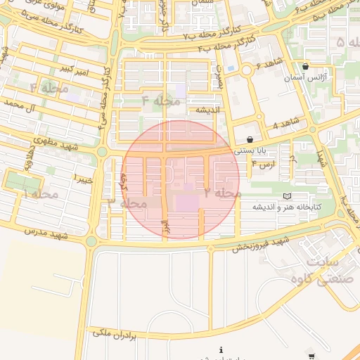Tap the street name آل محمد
[x=20, y=103]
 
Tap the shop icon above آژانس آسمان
[x=304, y=66]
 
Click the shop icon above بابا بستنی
[x=250, y=139]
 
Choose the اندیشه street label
[x=209, y=110]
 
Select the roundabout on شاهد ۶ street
[x=247, y=70]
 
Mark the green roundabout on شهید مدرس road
[x=91, y=241]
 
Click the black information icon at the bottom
[x=221, y=349]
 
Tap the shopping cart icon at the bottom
[x=312, y=356]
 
